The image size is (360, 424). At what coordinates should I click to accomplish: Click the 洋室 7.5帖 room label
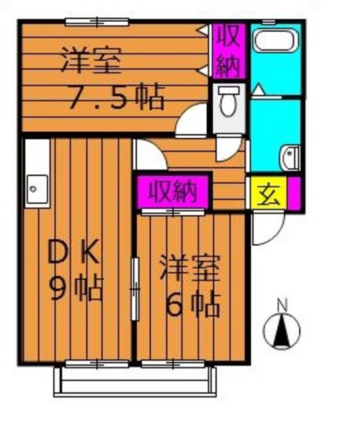pos(113,78)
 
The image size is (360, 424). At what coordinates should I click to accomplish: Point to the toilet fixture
pos(228,101)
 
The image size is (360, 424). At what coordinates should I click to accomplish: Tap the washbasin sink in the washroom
pos(290,158)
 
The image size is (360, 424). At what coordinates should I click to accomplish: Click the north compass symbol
pos(282,330)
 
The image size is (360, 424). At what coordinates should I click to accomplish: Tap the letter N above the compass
pos(282,305)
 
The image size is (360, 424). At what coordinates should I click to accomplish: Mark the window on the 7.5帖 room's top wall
pos(97,22)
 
